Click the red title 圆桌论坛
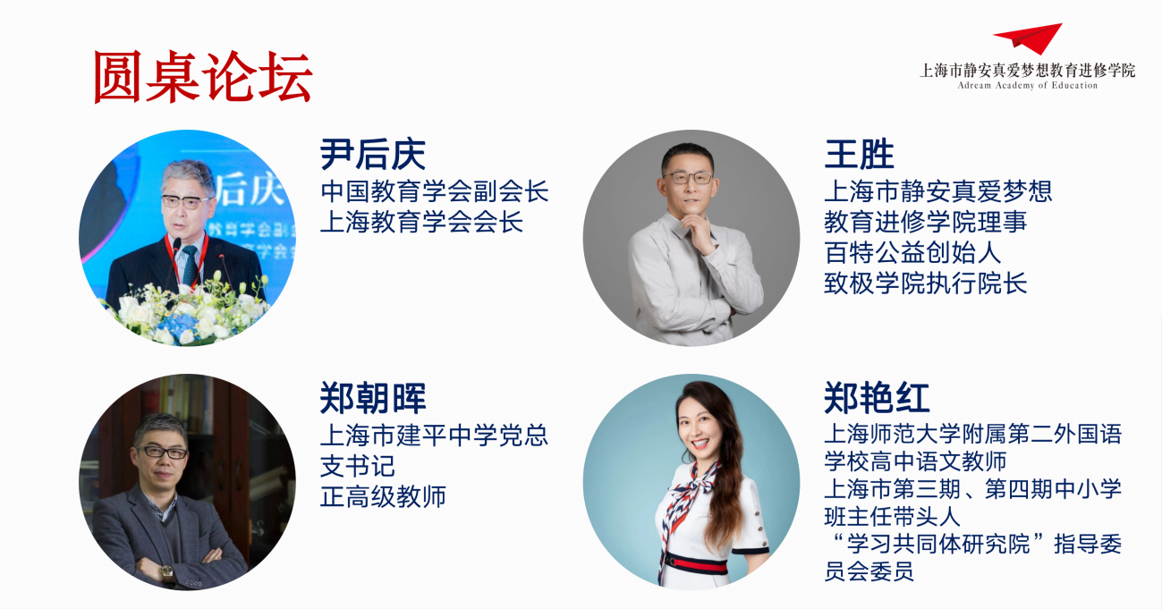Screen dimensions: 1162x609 click(x=203, y=77)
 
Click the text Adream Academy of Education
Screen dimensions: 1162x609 click(x=1027, y=86)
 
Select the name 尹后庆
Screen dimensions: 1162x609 click(x=373, y=154)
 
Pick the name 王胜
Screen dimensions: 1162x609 click(x=859, y=154)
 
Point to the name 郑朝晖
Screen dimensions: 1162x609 click(x=373, y=398)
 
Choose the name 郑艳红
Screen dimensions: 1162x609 click(x=877, y=398)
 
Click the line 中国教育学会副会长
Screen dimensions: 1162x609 click(x=434, y=191)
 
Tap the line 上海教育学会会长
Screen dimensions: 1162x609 click(x=421, y=222)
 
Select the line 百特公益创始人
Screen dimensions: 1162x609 click(x=912, y=252)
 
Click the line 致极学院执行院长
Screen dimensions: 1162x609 click(x=926, y=283)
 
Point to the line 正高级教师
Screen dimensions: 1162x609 click(x=383, y=496)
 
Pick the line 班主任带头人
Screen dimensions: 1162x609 click(x=892, y=516)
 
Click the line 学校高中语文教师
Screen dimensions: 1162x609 click(x=915, y=461)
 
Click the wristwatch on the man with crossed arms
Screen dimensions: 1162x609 click(x=167, y=572)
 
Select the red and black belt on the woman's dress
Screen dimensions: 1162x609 click(x=696, y=563)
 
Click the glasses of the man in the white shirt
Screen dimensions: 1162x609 click(x=688, y=178)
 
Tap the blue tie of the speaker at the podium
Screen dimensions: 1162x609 click(x=190, y=265)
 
